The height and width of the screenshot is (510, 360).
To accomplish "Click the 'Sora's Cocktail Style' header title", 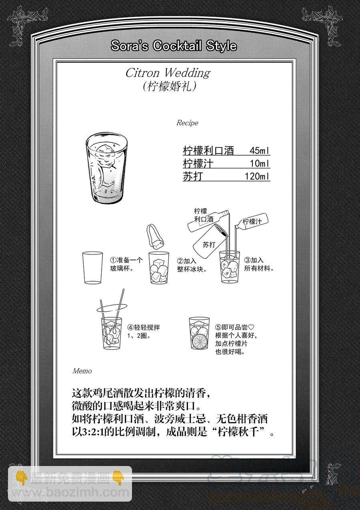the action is pos(174,46).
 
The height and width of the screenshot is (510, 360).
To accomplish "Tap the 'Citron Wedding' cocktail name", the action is pos(168,73).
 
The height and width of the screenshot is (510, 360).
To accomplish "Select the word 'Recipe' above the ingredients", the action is pos(187,123).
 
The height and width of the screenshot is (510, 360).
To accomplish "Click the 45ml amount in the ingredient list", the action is pos(260,150).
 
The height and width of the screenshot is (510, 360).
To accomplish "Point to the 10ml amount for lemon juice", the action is pos(260,163).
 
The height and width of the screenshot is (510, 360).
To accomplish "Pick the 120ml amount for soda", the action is pos(257,176).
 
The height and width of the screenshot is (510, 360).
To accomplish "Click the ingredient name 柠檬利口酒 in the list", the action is pos(208,150).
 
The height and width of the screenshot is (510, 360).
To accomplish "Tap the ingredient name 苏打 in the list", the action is pos(193,176).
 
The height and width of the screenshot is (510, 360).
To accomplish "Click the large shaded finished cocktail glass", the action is pos(106,168).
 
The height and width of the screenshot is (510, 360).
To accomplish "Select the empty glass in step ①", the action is pos(92,268).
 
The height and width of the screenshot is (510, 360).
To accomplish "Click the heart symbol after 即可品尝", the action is pos(251,327).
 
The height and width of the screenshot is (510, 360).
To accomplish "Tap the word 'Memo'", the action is pos(82,371).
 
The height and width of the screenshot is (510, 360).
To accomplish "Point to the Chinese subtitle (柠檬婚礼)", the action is pos(170,86).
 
